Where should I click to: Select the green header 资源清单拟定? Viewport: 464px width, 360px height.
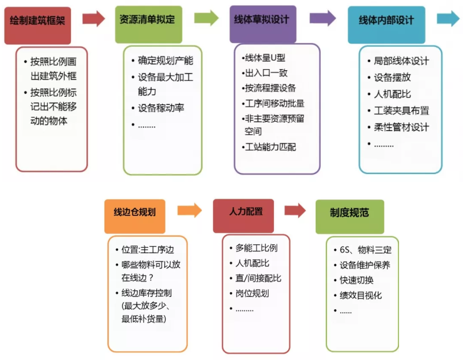point(149,21)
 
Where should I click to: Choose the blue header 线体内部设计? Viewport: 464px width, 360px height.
point(386,21)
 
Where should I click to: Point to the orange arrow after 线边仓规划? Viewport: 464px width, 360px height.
point(189,210)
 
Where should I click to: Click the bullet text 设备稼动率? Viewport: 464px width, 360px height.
point(161,108)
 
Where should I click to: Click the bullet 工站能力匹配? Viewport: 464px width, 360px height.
point(271,146)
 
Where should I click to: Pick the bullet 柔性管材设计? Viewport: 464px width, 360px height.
point(401,127)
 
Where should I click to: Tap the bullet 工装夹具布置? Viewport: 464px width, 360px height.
point(401,110)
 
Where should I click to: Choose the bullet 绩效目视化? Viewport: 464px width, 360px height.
point(361,295)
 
